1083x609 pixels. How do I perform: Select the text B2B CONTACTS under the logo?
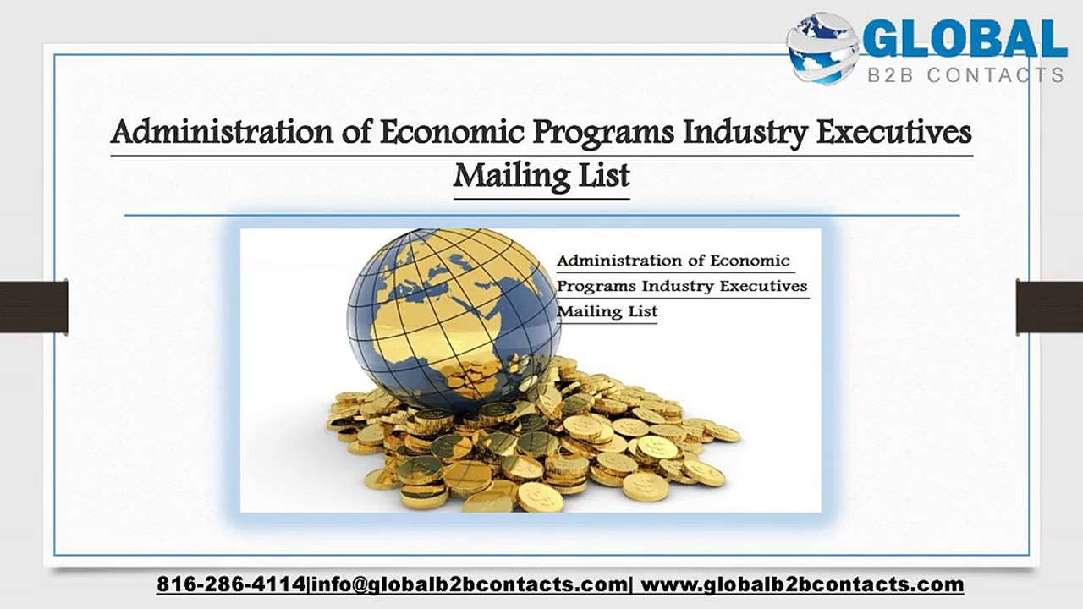pyautogui.click(x=966, y=75)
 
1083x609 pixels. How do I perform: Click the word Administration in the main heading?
pyautogui.click(x=222, y=132)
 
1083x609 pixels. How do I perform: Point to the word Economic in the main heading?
pyautogui.click(x=452, y=132)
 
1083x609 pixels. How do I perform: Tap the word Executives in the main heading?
pyautogui.click(x=894, y=132)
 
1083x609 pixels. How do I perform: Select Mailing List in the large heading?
pyautogui.click(x=541, y=176)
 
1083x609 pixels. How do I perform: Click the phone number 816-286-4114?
pyautogui.click(x=231, y=584)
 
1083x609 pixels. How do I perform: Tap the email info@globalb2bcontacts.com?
pyautogui.click(x=469, y=584)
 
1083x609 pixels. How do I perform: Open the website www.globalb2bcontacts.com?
pyautogui.click(x=803, y=584)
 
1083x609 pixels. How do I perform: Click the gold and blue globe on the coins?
pyautogui.click(x=454, y=320)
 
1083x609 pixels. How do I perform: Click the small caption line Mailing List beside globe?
pyautogui.click(x=607, y=311)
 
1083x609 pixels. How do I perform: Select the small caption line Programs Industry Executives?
pyautogui.click(x=682, y=286)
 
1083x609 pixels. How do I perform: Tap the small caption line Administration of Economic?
pyautogui.click(x=673, y=261)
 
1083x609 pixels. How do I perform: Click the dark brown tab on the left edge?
pyautogui.click(x=34, y=307)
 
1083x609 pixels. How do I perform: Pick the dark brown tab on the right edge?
pyautogui.click(x=1050, y=307)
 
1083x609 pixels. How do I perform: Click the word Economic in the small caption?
pyautogui.click(x=750, y=261)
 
